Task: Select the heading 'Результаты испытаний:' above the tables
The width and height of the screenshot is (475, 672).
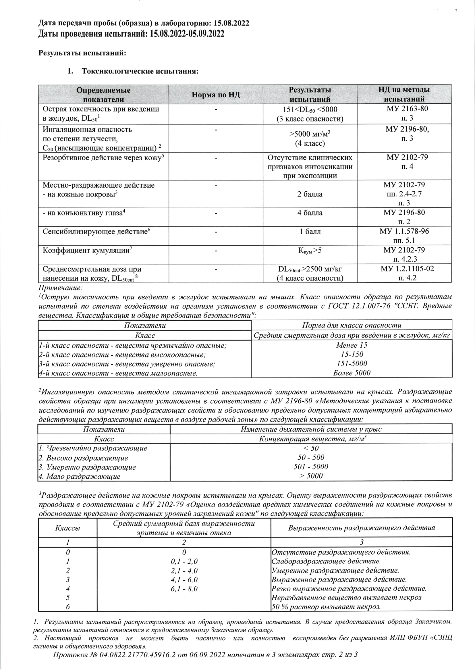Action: [x=82, y=53]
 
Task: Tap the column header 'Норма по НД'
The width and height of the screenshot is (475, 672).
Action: [x=216, y=95]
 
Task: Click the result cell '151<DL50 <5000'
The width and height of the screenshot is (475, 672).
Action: [x=310, y=109]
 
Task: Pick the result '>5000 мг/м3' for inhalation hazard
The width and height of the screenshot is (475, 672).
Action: [x=310, y=134]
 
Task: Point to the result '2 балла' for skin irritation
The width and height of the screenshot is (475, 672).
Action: [x=310, y=194]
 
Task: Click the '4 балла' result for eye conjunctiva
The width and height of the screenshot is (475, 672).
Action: [x=310, y=213]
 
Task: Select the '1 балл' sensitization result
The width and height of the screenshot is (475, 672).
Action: [x=310, y=232]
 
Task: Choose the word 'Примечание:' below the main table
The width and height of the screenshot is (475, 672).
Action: [x=61, y=288]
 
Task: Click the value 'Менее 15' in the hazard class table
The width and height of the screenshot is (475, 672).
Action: [x=352, y=345]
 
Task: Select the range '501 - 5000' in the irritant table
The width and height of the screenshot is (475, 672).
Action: [x=311, y=467]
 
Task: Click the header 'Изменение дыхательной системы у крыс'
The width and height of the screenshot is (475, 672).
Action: [x=311, y=429]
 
